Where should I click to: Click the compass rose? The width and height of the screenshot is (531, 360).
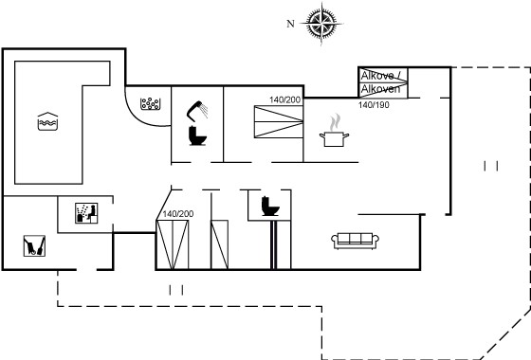click(x=321, y=24)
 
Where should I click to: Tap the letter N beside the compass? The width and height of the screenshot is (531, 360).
click(x=290, y=24)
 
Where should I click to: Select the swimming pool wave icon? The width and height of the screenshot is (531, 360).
click(x=47, y=121)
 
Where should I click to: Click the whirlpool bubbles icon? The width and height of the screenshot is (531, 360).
click(x=151, y=104)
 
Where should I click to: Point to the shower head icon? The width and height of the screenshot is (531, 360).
click(x=197, y=111)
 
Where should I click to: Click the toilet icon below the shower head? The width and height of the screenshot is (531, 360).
click(x=197, y=135)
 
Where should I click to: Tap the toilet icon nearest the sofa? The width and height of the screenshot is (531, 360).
click(x=270, y=207)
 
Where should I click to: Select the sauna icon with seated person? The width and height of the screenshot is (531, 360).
click(x=86, y=213)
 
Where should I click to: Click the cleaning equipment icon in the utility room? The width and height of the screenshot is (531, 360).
click(x=34, y=246)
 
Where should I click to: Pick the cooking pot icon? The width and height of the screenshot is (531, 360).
click(x=334, y=139)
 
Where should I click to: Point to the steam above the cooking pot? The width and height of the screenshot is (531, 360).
click(x=335, y=122)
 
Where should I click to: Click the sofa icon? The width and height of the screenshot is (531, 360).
click(x=355, y=241)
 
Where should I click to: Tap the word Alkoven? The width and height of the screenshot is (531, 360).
click(x=380, y=89)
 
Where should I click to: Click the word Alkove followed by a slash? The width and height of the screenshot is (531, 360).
click(x=381, y=76)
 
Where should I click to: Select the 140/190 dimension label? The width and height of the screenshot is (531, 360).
click(x=374, y=105)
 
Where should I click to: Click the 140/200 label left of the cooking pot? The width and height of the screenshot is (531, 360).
click(x=284, y=99)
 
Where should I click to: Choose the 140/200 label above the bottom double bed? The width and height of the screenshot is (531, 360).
click(x=178, y=214)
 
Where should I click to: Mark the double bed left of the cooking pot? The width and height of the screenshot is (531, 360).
click(x=279, y=122)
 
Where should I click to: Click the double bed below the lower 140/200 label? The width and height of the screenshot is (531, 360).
click(x=173, y=244)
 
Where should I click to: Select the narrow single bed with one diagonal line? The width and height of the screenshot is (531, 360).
click(x=219, y=244)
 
